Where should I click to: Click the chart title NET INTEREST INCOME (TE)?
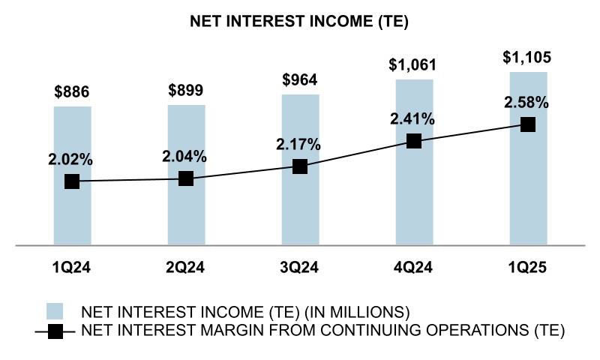(x=300, y=22)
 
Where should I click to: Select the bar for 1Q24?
(x=72, y=217)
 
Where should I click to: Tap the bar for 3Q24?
(x=300, y=210)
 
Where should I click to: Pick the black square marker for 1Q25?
(x=528, y=124)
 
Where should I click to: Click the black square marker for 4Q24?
(x=414, y=140)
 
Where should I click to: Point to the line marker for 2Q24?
(x=186, y=178)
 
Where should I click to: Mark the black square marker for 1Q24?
(x=72, y=181)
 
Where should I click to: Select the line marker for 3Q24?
(x=300, y=166)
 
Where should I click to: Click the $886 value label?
(x=72, y=94)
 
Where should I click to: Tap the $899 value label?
(x=186, y=91)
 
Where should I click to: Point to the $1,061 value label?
(x=414, y=65)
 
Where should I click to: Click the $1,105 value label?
(x=528, y=58)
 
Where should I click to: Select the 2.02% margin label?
(x=72, y=159)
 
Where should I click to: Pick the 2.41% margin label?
(x=414, y=117)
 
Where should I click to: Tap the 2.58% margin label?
(x=528, y=102)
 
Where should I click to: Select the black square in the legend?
(x=56, y=329)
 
